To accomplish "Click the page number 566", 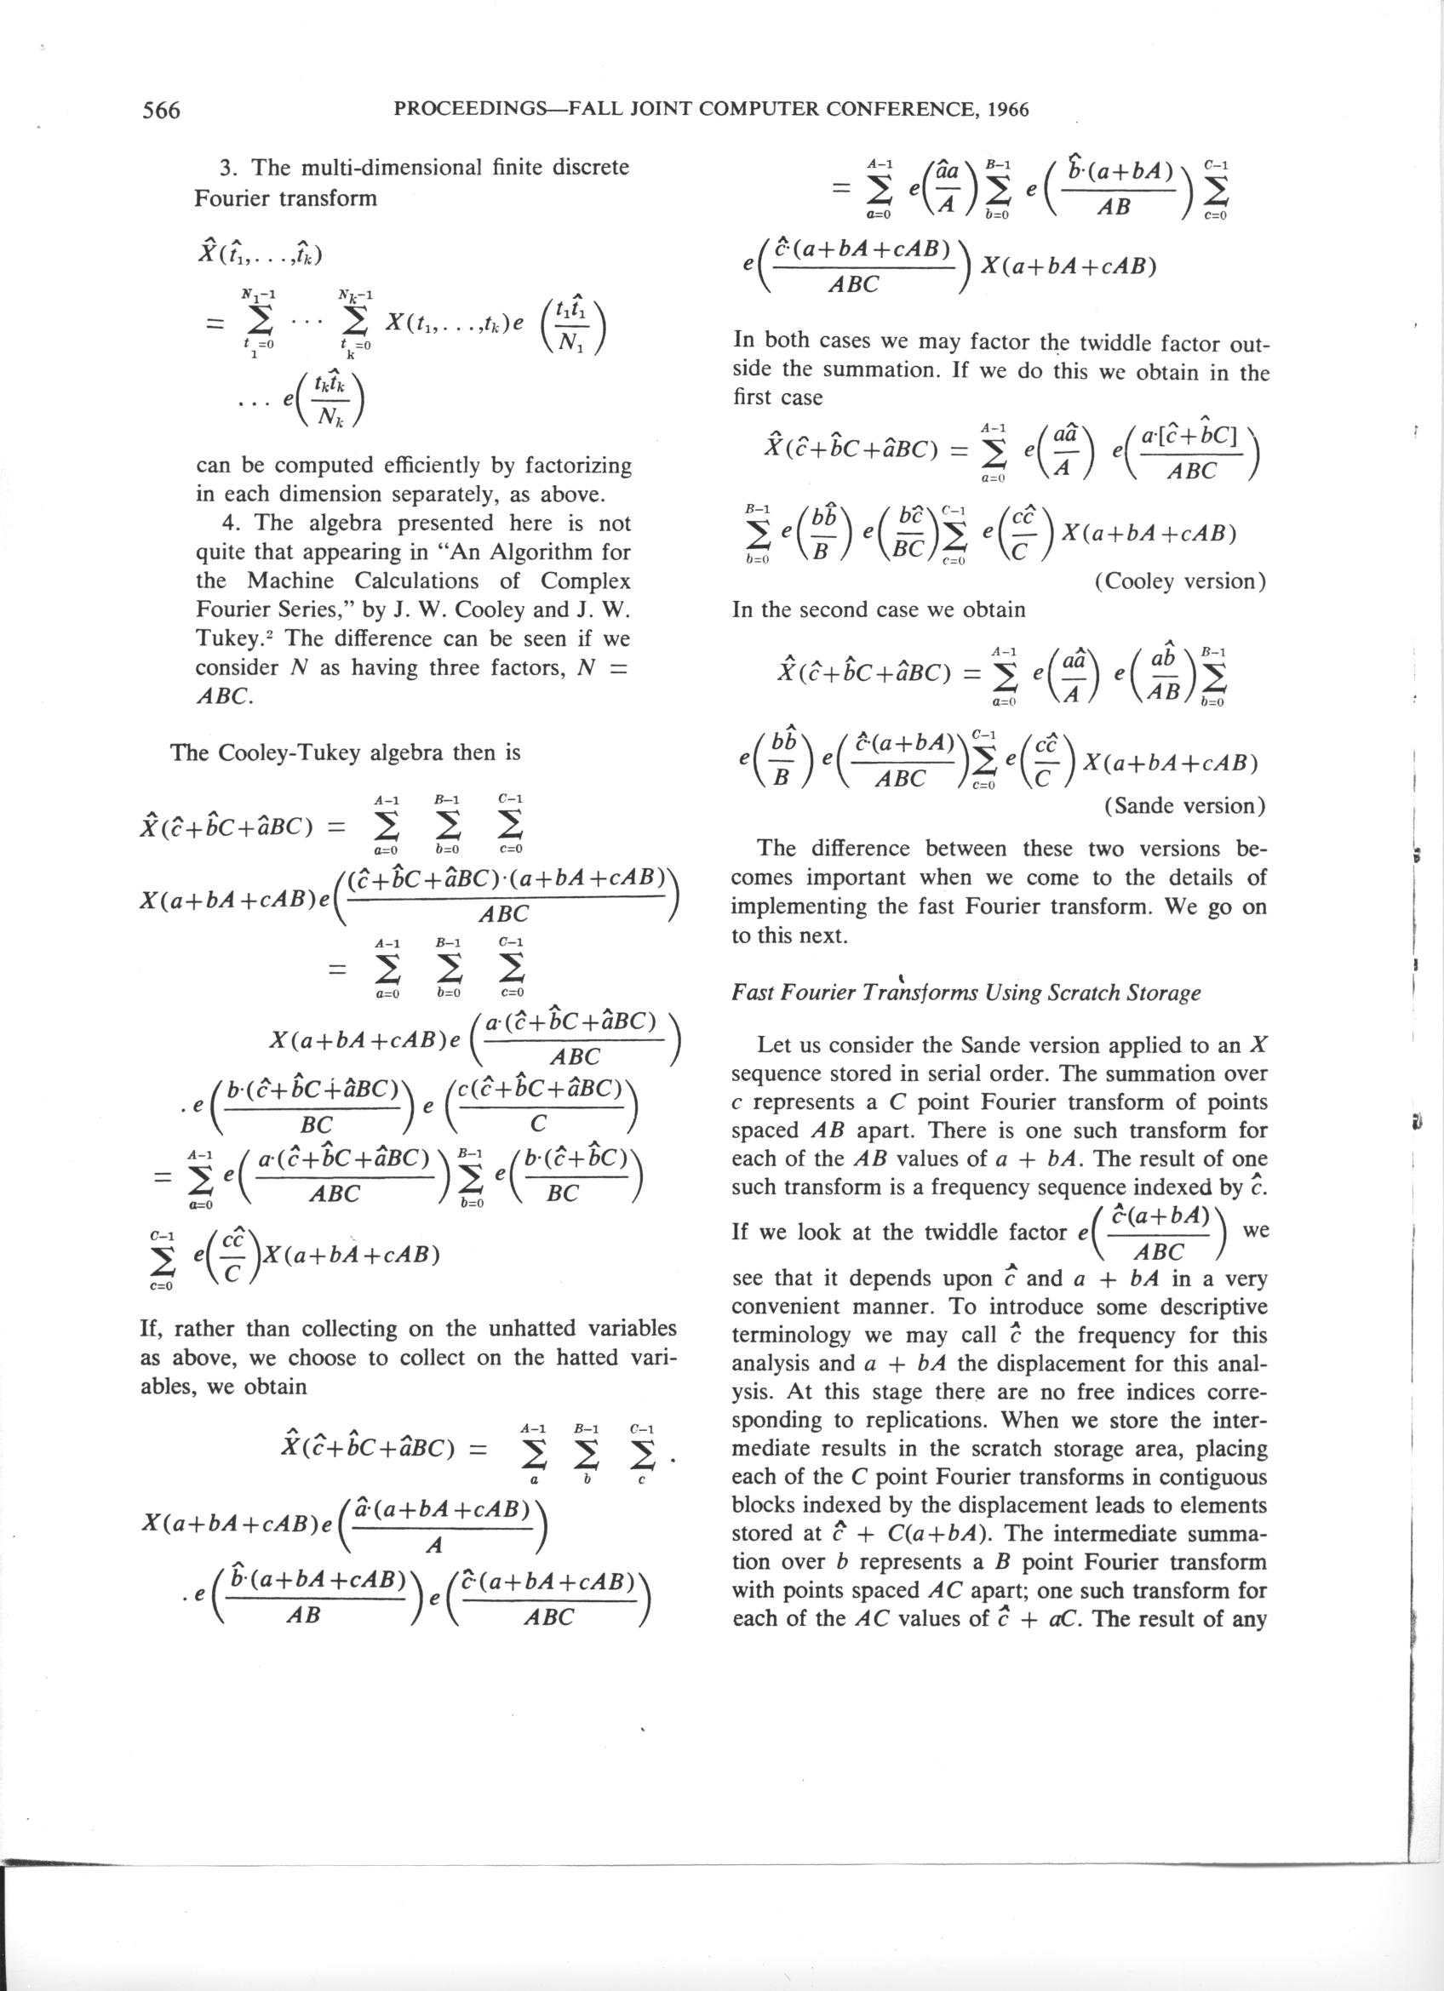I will (x=161, y=110).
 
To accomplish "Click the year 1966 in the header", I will (x=1008, y=110).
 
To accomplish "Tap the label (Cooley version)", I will (x=1181, y=581).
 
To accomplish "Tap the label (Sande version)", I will (x=1185, y=805).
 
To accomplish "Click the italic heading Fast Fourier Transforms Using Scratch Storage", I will (x=966, y=993).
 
